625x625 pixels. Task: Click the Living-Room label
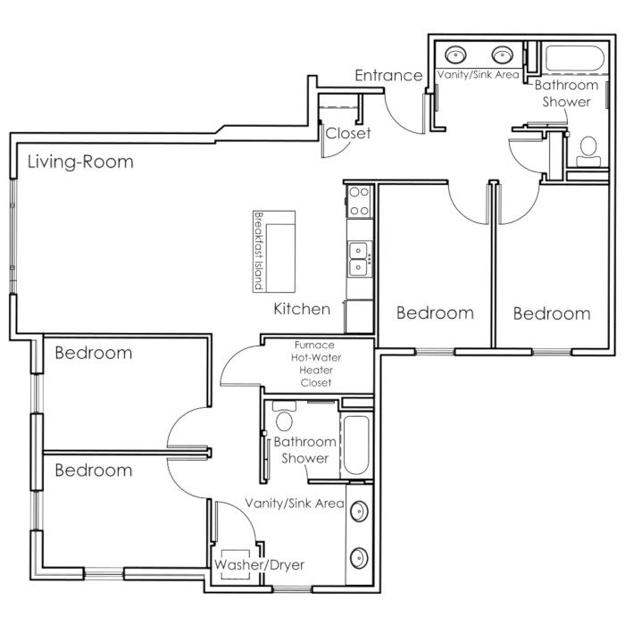[x=80, y=162]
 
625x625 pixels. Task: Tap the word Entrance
[x=388, y=75]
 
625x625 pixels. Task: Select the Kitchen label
[x=302, y=309]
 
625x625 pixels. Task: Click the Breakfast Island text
[x=259, y=252]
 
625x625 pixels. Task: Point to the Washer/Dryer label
[x=259, y=565]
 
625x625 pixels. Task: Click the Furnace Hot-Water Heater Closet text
[x=316, y=363]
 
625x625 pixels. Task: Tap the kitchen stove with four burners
[x=359, y=201]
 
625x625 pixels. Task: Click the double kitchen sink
[x=359, y=259]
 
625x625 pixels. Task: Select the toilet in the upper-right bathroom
[x=588, y=152]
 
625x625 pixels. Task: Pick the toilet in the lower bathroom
[x=284, y=416]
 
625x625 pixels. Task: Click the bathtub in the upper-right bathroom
[x=574, y=59]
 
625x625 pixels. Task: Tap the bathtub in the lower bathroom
[x=356, y=445]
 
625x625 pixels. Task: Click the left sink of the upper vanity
[x=455, y=55]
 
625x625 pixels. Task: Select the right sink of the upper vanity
[x=502, y=55]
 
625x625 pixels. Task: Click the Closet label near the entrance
[x=348, y=133]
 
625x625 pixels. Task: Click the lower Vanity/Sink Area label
[x=295, y=504]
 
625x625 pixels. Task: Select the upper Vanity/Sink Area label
[x=479, y=74]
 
